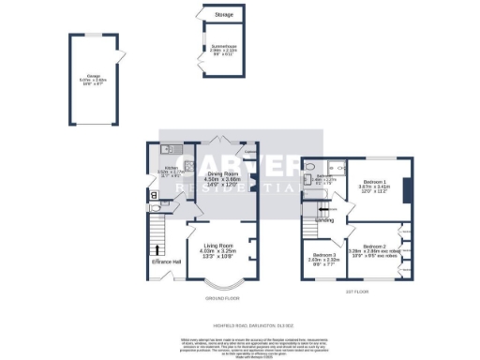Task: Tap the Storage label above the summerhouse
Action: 224,16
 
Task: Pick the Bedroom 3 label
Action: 324,256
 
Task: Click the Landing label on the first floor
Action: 325,222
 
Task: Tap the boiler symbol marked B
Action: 155,196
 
